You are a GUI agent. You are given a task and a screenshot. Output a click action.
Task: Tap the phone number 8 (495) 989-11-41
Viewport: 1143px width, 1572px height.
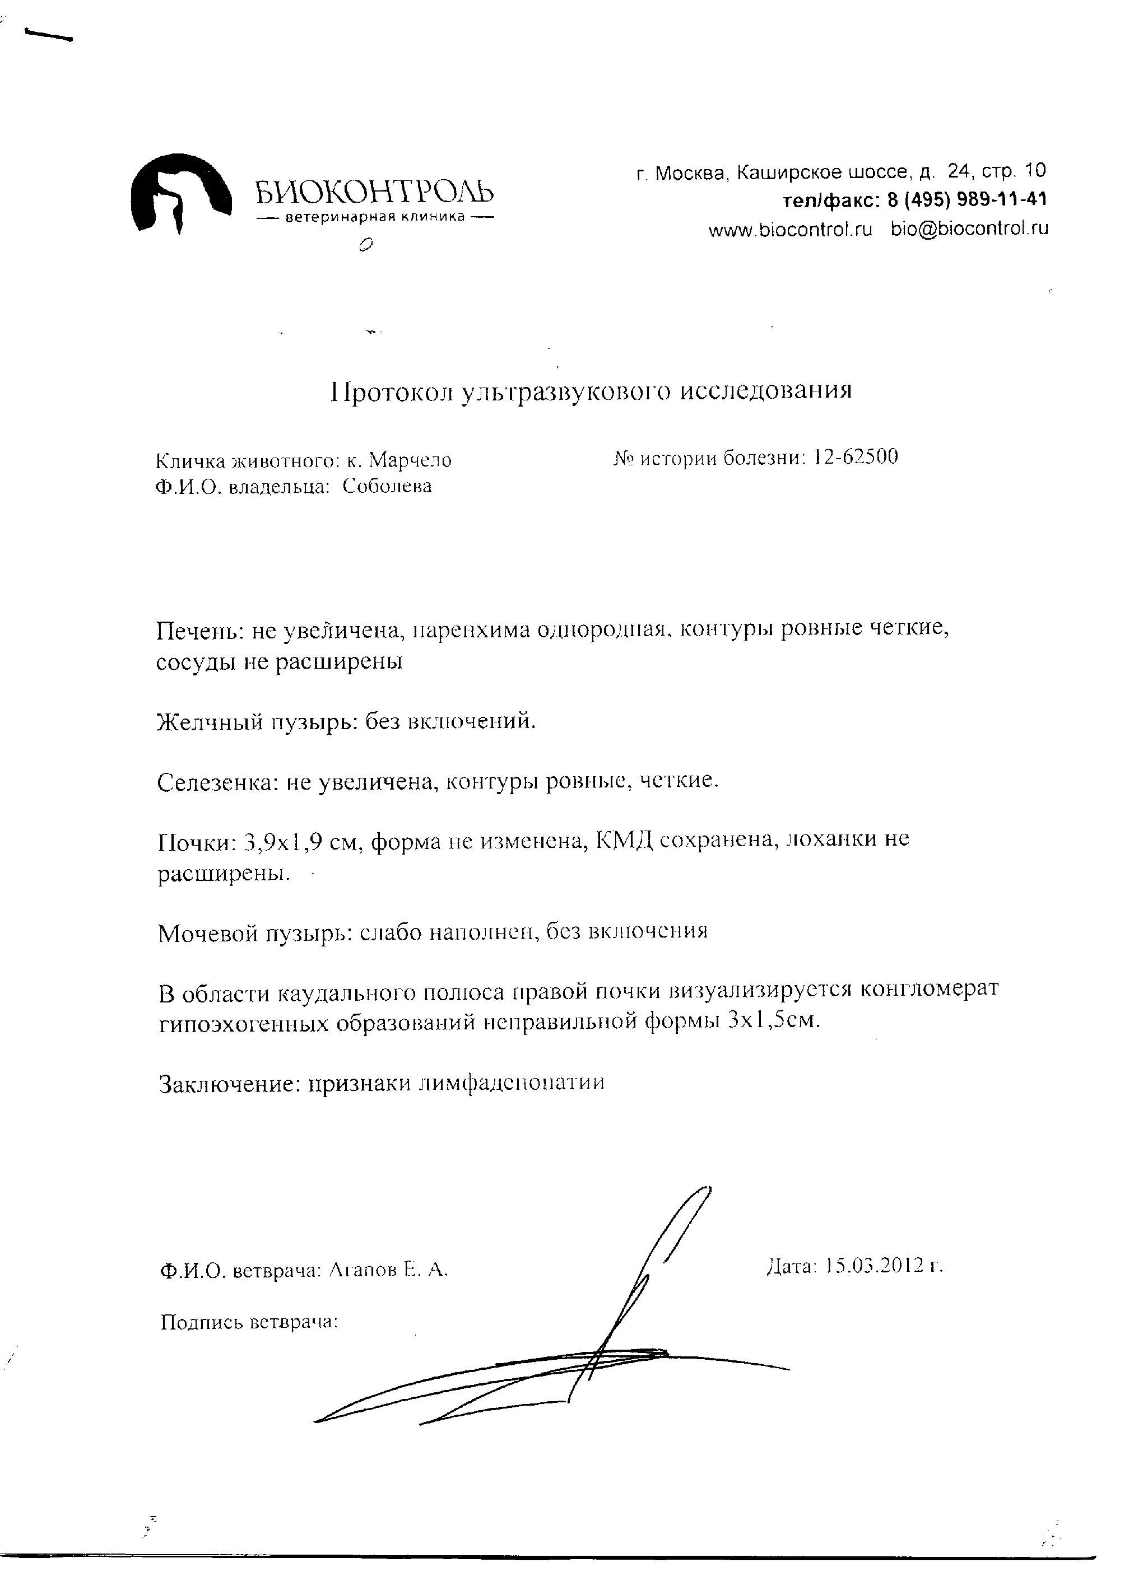click(x=967, y=199)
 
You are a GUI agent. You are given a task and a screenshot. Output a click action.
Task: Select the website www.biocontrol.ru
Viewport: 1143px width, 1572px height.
click(x=790, y=230)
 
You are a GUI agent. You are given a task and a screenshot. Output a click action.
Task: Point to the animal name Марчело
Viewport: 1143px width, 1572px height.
click(x=410, y=460)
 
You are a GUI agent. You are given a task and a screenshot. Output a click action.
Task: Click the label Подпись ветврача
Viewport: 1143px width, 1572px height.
click(x=249, y=1322)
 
